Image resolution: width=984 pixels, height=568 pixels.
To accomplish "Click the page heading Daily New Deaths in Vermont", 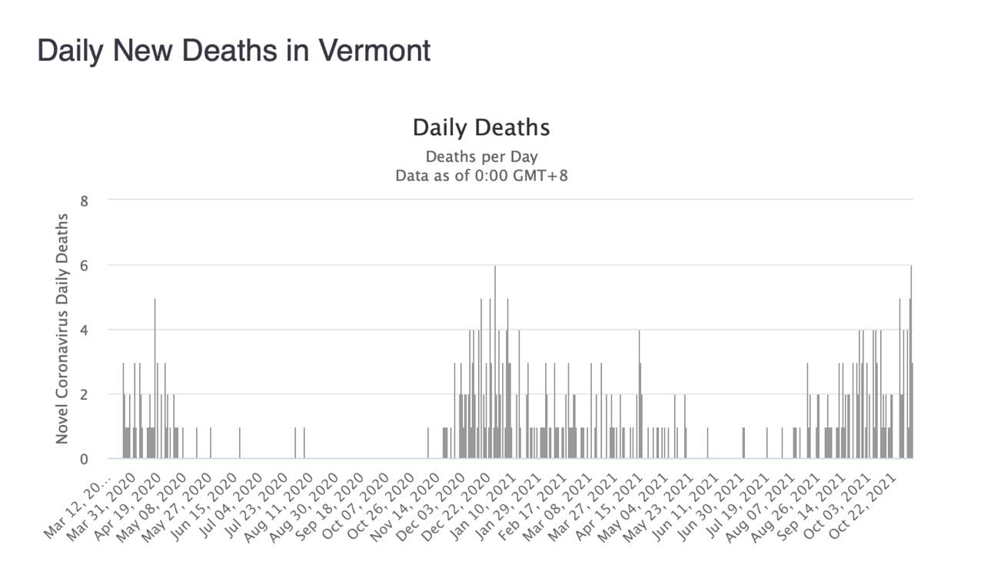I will (x=234, y=51).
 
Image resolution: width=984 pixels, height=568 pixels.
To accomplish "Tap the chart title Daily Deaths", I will (x=481, y=128).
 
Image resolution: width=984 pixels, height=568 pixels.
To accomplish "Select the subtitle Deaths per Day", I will (x=481, y=157).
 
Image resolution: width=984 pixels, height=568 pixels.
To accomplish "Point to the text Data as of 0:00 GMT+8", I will (x=481, y=175).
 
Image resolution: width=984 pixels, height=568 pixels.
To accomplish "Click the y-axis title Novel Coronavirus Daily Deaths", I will (x=62, y=328).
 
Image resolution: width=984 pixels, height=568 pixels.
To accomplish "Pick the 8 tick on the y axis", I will (x=85, y=201).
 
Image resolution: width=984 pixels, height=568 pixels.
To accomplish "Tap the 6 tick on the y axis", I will (x=85, y=265).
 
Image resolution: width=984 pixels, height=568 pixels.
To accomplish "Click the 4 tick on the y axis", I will (x=85, y=330).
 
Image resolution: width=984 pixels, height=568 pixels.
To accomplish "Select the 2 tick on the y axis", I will (x=85, y=394).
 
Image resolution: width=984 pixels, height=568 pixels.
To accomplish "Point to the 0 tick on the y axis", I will (x=85, y=459).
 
